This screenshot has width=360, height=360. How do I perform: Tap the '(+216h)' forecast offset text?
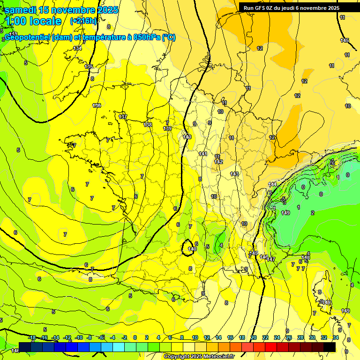point(83,21)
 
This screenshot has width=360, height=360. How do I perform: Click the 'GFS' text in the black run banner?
point(262,8)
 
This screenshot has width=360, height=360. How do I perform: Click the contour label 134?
point(77,48)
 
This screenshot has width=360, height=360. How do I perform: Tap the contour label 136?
point(97,105)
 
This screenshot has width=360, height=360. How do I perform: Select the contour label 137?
point(123,116)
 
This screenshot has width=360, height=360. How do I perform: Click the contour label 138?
point(148,125)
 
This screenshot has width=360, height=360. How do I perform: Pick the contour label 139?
point(167,128)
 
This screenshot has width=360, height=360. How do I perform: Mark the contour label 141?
point(203,154)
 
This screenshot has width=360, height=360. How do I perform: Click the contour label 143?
point(234,174)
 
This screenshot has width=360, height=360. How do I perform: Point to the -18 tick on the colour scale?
point(32,337)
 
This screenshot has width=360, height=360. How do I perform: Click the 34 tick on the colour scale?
point(336,337)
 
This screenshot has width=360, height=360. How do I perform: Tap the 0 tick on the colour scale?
point(135,337)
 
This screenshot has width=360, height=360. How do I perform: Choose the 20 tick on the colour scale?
point(254,337)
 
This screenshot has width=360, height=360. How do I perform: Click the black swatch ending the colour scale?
point(330,347)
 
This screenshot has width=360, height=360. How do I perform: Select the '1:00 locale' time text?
point(33,21)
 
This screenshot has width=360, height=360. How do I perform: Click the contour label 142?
point(218,162)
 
